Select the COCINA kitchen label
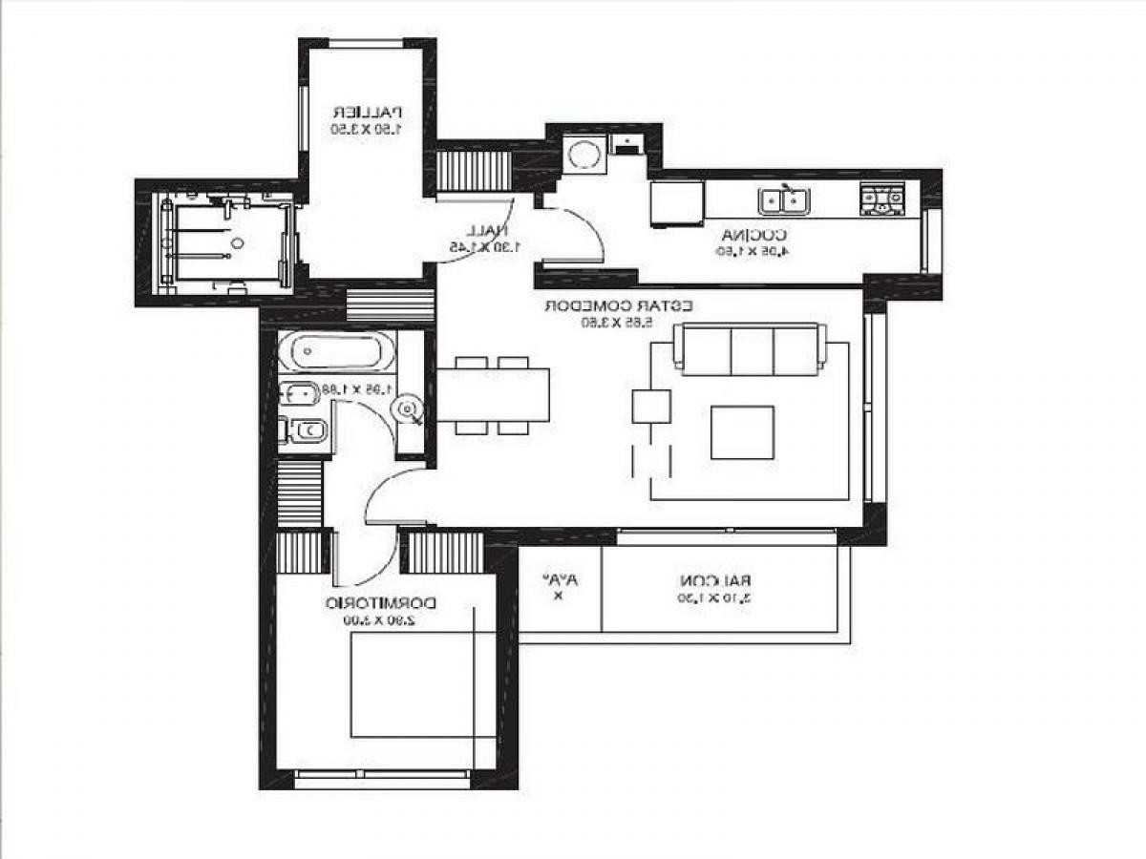pos(753,235)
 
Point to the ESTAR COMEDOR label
pos(619,306)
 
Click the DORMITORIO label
pos(381,603)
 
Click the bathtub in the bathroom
pos(336,352)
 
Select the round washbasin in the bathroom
pos(408,410)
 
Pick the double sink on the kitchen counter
pos(784,200)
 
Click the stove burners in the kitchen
pos(881,199)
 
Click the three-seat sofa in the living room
pos(750,348)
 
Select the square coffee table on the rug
pos(742,432)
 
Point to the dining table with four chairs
pos(494,395)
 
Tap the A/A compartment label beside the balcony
pos(559,580)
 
